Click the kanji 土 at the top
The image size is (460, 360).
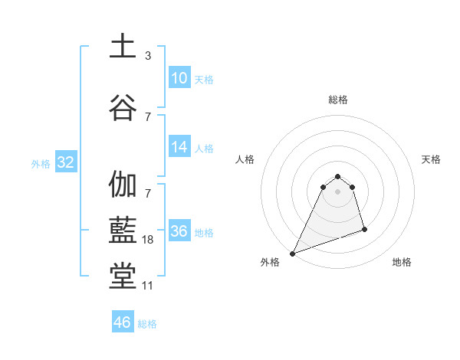pyautogui.click(x=123, y=45)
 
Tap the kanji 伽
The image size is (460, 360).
pyautogui.click(x=123, y=185)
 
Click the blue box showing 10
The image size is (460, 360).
pyautogui.click(x=179, y=78)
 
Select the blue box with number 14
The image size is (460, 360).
pyautogui.click(x=179, y=147)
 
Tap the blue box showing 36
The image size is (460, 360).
pyautogui.click(x=179, y=231)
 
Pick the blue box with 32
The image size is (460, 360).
pyautogui.click(x=65, y=162)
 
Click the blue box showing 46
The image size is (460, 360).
pyautogui.click(x=123, y=322)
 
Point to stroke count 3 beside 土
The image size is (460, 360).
pyautogui.click(x=148, y=56)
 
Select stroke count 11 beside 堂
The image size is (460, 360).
pyautogui.click(x=148, y=286)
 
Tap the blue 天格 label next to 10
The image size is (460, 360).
pyautogui.click(x=203, y=79)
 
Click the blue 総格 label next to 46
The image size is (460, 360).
pyautogui.click(x=147, y=323)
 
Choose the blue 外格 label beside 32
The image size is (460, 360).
pyautogui.click(x=41, y=163)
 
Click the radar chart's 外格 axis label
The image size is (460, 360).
pyautogui.click(x=270, y=262)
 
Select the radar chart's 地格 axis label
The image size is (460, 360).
pyautogui.click(x=402, y=262)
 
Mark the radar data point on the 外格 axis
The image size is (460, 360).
pyautogui.click(x=293, y=253)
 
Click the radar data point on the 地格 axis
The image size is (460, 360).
pyautogui.click(x=364, y=229)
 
